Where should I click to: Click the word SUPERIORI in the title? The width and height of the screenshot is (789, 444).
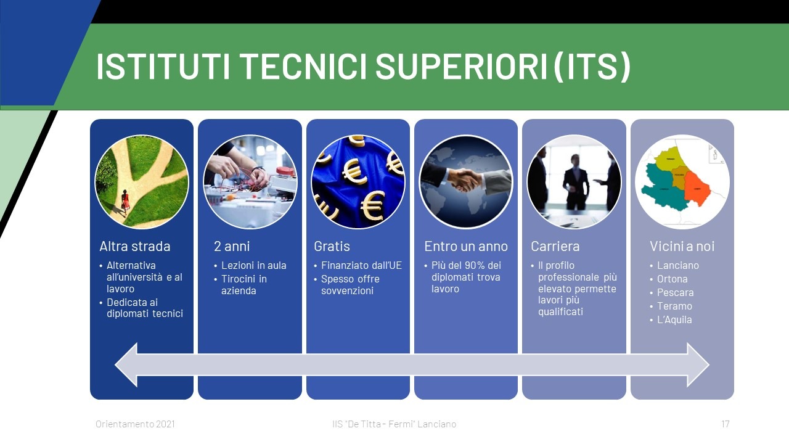[x=461, y=67]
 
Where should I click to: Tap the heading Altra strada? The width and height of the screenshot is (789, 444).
[x=135, y=246]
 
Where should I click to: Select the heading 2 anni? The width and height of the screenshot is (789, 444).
[x=232, y=246]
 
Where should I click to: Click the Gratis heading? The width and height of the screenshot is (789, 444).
[x=332, y=246]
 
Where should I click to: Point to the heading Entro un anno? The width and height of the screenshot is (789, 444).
[x=466, y=246]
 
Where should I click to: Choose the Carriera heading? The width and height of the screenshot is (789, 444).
[x=555, y=246]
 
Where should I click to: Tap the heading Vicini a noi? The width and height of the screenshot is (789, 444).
[x=682, y=246]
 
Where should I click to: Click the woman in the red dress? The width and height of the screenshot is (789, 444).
[x=125, y=203]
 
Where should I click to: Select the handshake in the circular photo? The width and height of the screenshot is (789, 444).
[x=465, y=179]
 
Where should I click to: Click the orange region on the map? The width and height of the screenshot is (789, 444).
[x=697, y=189]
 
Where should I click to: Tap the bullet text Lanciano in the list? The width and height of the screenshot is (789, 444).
[x=678, y=265]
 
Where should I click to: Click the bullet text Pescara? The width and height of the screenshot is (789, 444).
[x=675, y=292]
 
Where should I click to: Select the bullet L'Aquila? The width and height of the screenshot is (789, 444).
[x=674, y=319]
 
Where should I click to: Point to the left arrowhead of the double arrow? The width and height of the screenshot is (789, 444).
[x=126, y=364]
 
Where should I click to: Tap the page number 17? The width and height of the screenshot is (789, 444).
[x=726, y=424]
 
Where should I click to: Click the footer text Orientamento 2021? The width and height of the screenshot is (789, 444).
[x=135, y=424]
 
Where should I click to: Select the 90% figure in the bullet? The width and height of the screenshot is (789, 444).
[x=475, y=265]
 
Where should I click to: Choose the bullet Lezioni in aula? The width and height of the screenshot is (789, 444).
[x=253, y=265]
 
